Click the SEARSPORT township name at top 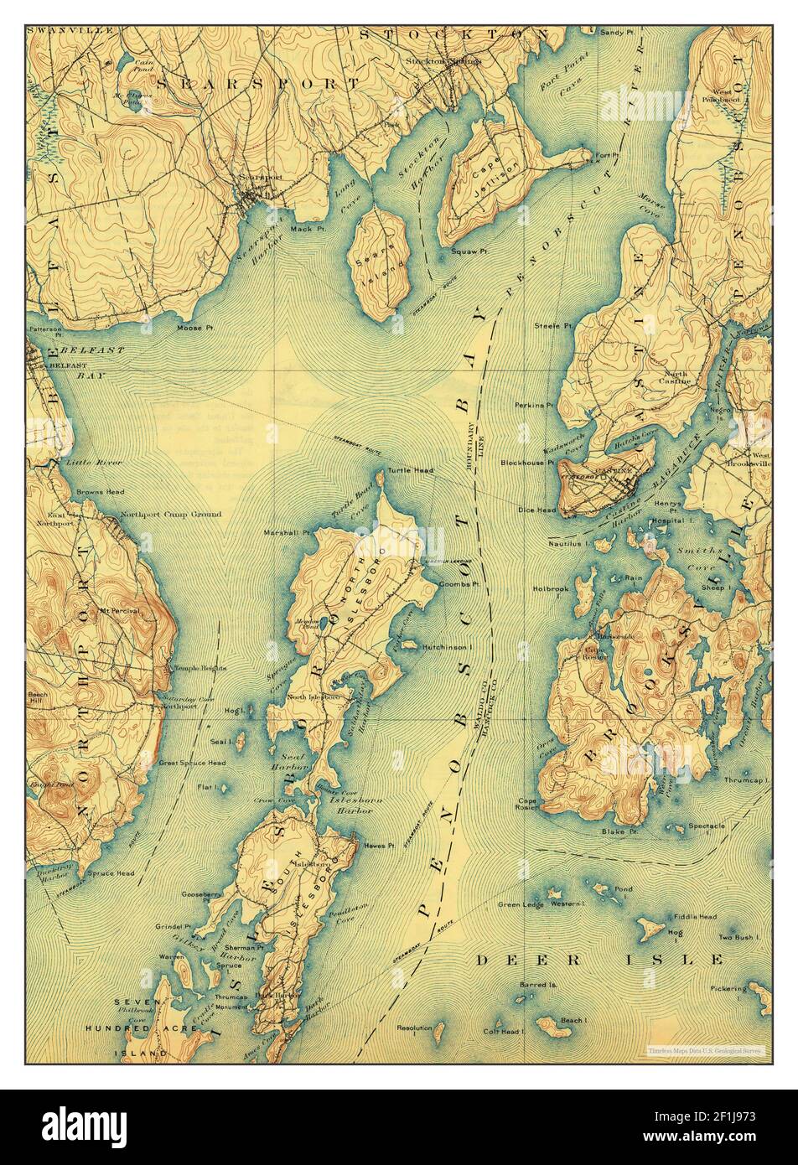point(257,84)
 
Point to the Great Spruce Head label point(192,763)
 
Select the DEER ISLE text point(597,959)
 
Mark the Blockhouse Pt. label point(528,462)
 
